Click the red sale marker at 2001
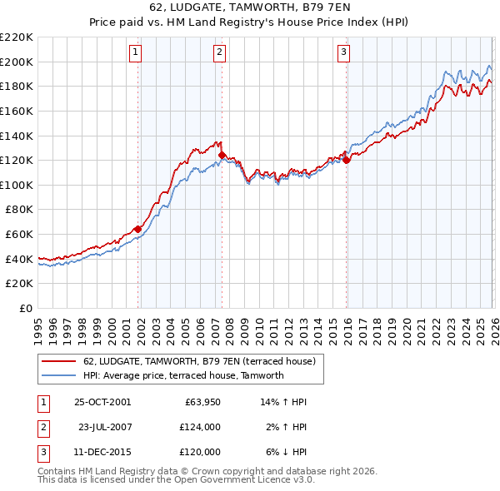click(x=137, y=229)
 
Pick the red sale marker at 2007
click(x=222, y=155)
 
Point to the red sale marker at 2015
click(x=346, y=160)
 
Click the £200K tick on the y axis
click(x=17, y=62)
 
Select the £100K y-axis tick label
click(x=17, y=185)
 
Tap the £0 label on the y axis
click(x=26, y=308)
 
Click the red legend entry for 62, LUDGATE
click(x=198, y=362)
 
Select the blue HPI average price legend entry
click(x=183, y=375)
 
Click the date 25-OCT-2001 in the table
click(x=102, y=402)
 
